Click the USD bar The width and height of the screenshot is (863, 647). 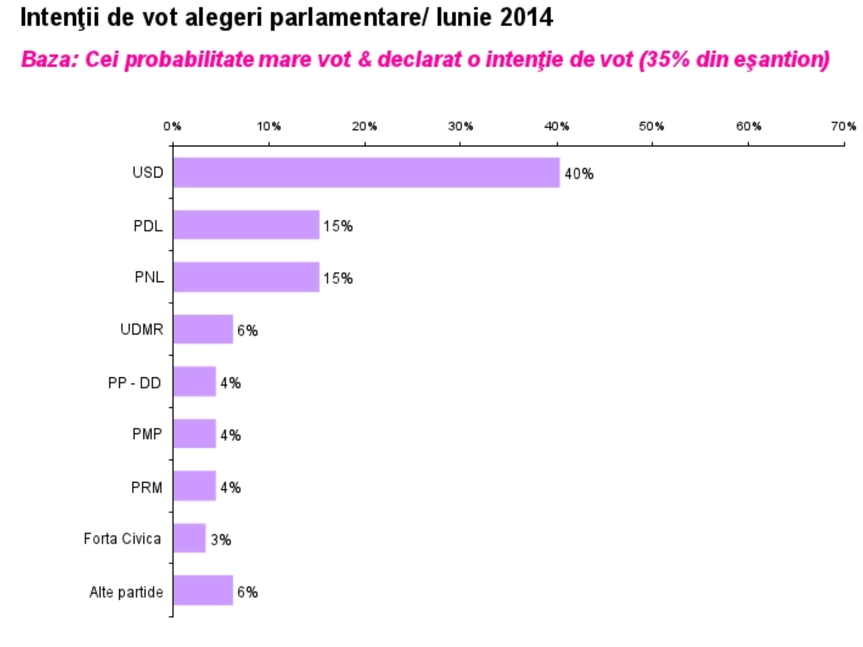pos(366,173)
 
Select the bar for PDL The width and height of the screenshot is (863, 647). pos(246,225)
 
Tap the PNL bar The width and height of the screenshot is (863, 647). pos(246,277)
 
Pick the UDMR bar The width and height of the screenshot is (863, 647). pos(203,329)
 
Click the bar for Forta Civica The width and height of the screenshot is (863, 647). pos(189,538)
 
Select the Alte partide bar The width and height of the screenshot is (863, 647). pos(203,590)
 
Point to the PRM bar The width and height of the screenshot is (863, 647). pos(194,486)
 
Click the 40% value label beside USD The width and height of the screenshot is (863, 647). pos(579,174)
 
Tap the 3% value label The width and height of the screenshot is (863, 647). pos(221,540)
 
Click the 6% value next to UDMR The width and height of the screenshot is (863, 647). pos(248,331)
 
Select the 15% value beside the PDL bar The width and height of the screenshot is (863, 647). pos(338,226)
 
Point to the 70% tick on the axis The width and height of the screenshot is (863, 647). pos(844,126)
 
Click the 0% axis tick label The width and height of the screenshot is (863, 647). pos(172,126)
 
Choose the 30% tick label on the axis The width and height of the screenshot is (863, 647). pos(460,126)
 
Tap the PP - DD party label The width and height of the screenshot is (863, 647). pos(134,383)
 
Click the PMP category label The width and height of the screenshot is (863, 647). pos(147,434)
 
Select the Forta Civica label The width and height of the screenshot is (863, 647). pos(122,539)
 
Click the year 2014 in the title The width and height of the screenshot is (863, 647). pos(526,18)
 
